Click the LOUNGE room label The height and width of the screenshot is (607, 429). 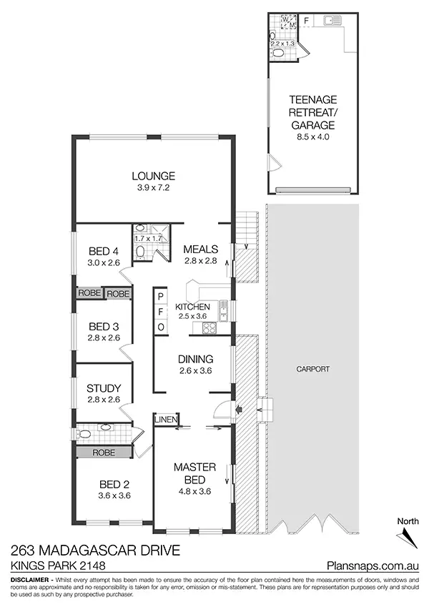point(154,176)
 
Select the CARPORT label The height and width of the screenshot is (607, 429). point(312,370)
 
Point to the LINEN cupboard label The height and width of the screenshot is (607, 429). point(166,420)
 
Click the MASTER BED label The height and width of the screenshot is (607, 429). point(191,473)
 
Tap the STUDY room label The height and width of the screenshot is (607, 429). point(104,388)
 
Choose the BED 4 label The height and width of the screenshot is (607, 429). point(104,251)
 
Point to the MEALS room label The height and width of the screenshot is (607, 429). point(200,250)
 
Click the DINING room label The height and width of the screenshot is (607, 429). point(194,360)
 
